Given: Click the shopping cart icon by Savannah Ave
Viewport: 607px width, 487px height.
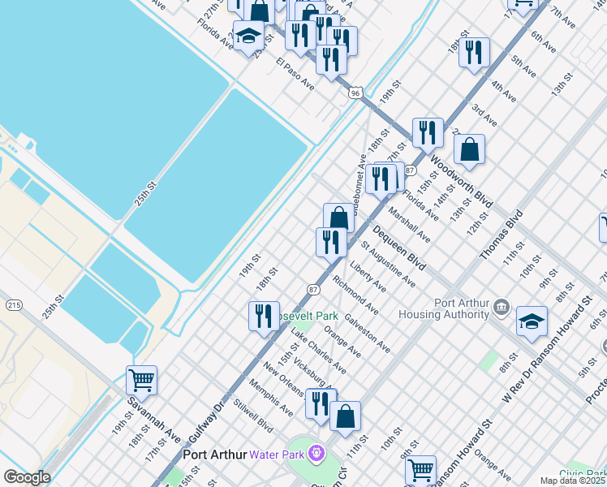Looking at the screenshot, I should (141, 379).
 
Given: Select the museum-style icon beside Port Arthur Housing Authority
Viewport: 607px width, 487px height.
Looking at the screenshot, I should (501, 308).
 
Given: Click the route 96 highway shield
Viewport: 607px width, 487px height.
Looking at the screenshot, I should (355, 93).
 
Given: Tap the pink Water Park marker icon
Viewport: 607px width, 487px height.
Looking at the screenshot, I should (316, 453).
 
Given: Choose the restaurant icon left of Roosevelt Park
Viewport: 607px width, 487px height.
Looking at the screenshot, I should (263, 315).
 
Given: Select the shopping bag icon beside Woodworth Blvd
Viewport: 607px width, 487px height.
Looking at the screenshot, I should (469, 150).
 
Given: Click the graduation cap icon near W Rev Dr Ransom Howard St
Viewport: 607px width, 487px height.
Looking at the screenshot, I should (532, 321).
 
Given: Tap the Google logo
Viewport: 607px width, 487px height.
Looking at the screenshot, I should (26, 477).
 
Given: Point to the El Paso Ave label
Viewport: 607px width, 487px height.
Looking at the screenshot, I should (295, 73).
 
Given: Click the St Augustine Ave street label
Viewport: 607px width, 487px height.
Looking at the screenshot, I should (389, 268).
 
